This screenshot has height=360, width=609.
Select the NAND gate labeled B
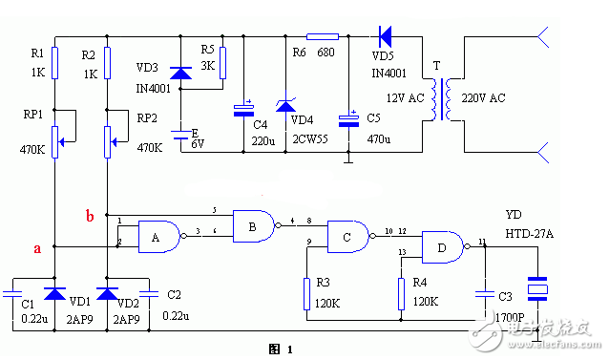pyautogui.click(x=254, y=225)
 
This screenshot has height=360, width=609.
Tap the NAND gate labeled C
pyautogui.click(x=350, y=236)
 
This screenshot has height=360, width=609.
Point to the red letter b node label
pyautogui.click(x=89, y=216)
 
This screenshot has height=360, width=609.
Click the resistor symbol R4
pyautogui.click(x=402, y=293)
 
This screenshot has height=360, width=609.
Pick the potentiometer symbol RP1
pyautogui.click(x=55, y=138)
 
